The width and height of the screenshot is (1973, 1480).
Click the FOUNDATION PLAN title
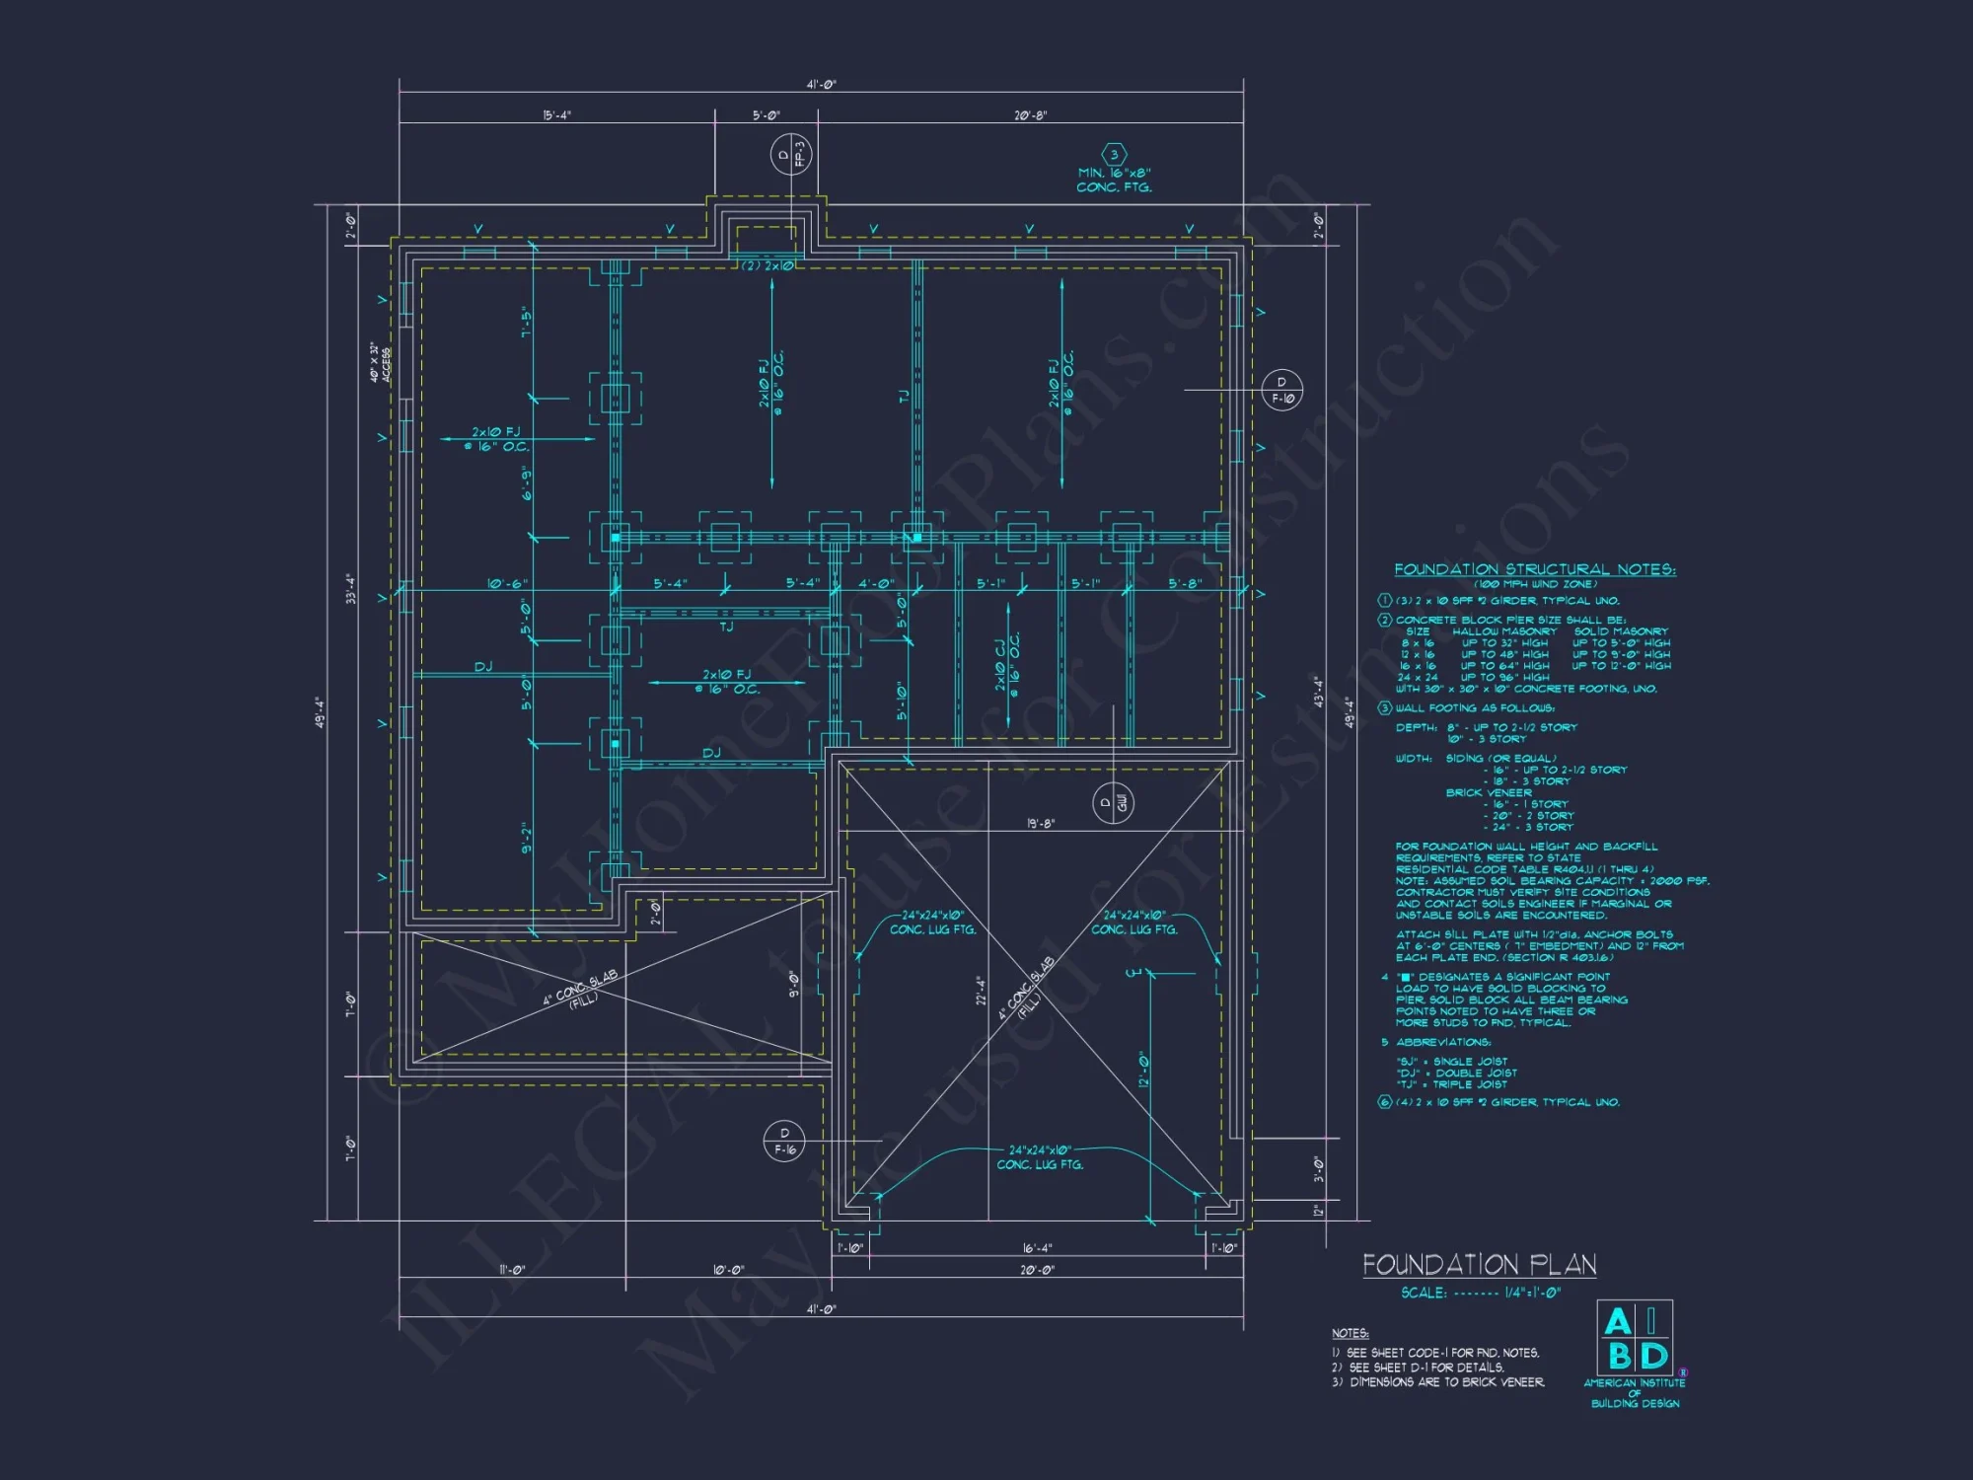[x=1479, y=1265]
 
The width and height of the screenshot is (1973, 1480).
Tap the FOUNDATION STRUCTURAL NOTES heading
[x=1534, y=569]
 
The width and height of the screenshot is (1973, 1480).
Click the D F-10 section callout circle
[x=1282, y=390]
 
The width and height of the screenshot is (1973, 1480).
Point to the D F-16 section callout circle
[x=784, y=1142]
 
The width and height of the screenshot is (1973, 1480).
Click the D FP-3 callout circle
[x=791, y=155]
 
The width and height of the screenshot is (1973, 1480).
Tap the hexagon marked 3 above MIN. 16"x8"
[x=1114, y=155]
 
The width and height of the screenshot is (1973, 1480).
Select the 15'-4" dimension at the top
[x=556, y=115]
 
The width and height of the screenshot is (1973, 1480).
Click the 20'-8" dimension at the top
[x=1031, y=115]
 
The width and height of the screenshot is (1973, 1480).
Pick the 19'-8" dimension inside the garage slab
[x=1041, y=823]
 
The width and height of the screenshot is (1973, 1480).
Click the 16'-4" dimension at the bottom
[x=1037, y=1248]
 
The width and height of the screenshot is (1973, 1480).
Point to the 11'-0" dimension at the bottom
[x=512, y=1270]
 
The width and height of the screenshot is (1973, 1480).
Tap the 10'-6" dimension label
[x=507, y=584]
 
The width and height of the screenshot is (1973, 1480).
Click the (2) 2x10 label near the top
[x=767, y=265]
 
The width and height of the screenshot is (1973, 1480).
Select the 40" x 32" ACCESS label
[x=380, y=363]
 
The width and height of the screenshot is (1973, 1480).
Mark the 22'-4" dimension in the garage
[x=981, y=991]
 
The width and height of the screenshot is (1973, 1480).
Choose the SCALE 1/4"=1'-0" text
[x=1481, y=1293]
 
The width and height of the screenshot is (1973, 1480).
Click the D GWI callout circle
[x=1113, y=803]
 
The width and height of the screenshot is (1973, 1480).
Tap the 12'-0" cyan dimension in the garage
[x=1144, y=1069]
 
